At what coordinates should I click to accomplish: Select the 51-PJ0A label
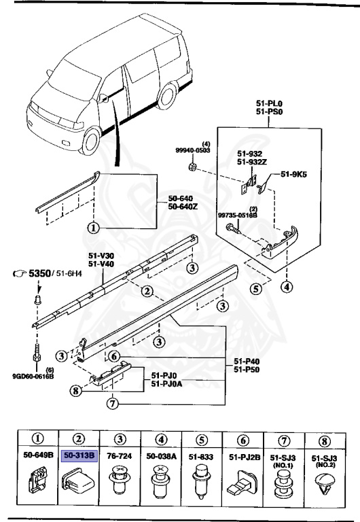click(166, 382)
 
